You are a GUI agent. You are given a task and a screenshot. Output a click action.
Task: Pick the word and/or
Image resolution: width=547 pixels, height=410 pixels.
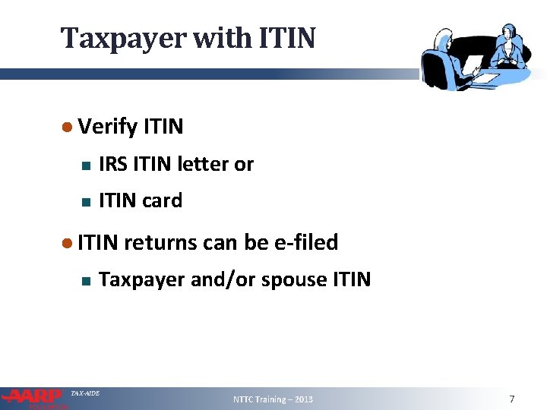(223, 280)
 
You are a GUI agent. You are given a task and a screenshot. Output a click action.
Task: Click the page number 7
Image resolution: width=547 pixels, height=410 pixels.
(512, 399)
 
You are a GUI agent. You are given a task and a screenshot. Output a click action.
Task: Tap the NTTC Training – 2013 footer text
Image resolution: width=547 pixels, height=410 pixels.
(273, 399)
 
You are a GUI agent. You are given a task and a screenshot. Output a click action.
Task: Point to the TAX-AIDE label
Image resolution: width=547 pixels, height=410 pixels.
(85, 393)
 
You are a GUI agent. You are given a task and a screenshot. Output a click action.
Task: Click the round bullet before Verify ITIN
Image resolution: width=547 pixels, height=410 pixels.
(67, 127)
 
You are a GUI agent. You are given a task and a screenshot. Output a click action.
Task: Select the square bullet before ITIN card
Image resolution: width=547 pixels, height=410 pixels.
(86, 202)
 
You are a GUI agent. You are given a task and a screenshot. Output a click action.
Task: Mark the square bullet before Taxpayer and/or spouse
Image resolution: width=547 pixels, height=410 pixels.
(86, 281)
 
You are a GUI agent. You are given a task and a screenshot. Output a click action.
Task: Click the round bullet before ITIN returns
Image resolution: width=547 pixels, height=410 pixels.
(67, 243)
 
